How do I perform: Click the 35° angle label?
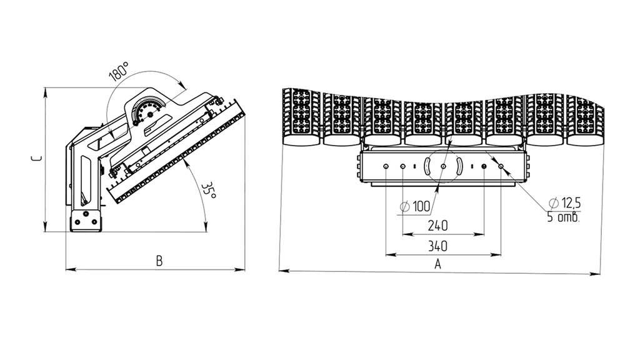point(209,190)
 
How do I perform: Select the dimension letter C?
point(36,158)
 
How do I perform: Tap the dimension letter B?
point(159,261)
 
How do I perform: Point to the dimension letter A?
point(437,264)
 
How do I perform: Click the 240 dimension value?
point(437,225)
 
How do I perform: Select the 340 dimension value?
point(437,246)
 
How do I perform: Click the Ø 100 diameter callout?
point(415,206)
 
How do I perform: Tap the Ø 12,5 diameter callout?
point(565,202)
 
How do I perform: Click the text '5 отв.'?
point(563,217)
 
